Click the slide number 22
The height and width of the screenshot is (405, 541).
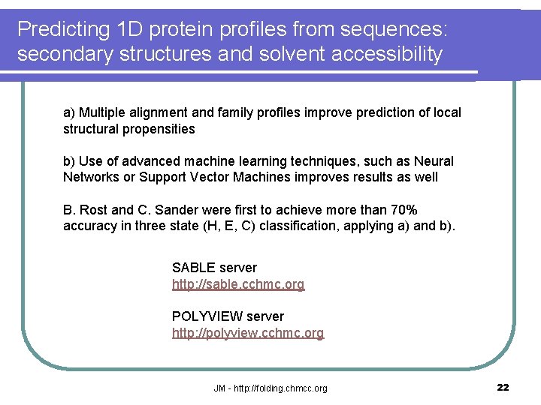[503, 387]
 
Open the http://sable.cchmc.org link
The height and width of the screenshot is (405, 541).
[238, 284]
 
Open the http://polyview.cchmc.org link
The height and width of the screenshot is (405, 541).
[248, 333]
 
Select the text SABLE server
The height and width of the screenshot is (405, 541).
[214, 268]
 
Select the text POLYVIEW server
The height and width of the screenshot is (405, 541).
[228, 316]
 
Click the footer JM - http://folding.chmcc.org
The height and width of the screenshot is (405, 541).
[270, 388]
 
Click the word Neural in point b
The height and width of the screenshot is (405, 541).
[435, 161]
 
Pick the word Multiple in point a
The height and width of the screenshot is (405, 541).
[103, 112]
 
